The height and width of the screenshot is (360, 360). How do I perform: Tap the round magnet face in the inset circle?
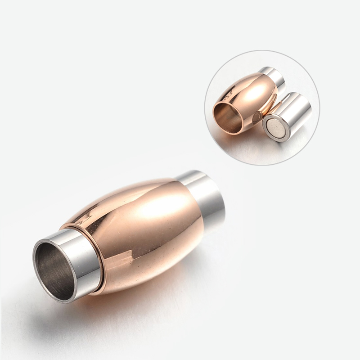click(274, 129)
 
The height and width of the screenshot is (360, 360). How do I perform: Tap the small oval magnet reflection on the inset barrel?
click(256, 118)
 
